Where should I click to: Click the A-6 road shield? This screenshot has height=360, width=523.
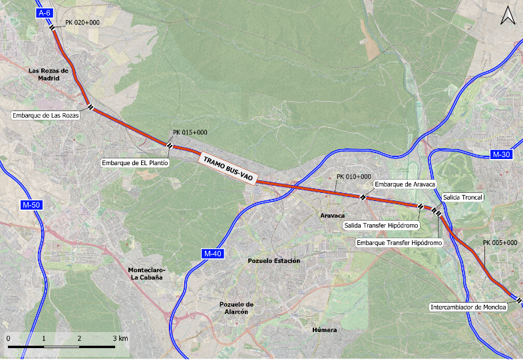(45, 13)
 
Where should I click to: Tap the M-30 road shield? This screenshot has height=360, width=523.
(502, 154)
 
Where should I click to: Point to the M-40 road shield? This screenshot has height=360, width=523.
(212, 254)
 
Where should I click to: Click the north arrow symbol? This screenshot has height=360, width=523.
(508, 15)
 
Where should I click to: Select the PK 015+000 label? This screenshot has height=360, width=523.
(190, 132)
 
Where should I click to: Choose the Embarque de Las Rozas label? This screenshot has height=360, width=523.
(46, 115)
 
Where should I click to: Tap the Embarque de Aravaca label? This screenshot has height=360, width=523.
(405, 184)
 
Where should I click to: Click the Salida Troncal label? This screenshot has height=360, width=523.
(462, 198)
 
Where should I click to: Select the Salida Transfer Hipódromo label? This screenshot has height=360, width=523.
(381, 226)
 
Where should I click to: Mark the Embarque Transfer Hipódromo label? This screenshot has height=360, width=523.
(400, 243)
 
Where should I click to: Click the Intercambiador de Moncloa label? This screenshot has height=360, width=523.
(468, 307)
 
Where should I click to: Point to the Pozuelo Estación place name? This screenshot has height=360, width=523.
(273, 261)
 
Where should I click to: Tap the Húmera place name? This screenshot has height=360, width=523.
(324, 330)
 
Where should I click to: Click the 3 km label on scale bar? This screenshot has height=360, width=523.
(120, 339)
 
